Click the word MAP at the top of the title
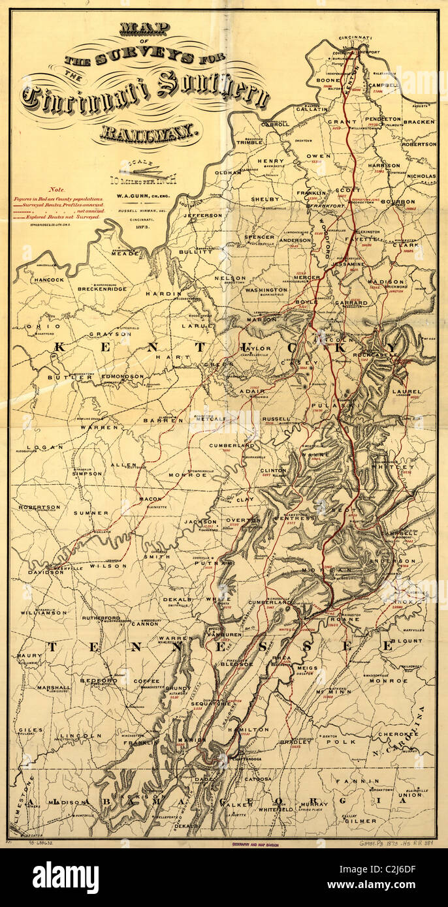click(144, 29)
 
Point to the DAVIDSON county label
click(41, 572)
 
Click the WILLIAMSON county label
click(43, 613)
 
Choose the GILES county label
click(30, 730)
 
